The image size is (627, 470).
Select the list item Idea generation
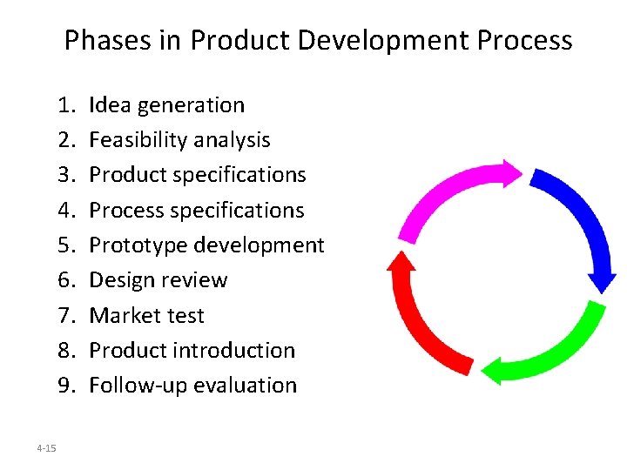click(166, 105)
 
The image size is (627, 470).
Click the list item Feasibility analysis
click(179, 140)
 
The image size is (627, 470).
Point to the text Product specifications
click(198, 175)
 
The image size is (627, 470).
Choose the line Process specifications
click(197, 210)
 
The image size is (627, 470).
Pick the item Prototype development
click(206, 245)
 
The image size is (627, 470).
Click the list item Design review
click(158, 280)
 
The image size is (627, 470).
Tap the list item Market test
click(146, 315)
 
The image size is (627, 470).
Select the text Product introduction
click(192, 350)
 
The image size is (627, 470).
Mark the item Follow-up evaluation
click(192, 385)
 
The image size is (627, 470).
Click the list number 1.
click(66, 105)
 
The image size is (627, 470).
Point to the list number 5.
click(66, 245)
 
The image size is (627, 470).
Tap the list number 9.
click(66, 385)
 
